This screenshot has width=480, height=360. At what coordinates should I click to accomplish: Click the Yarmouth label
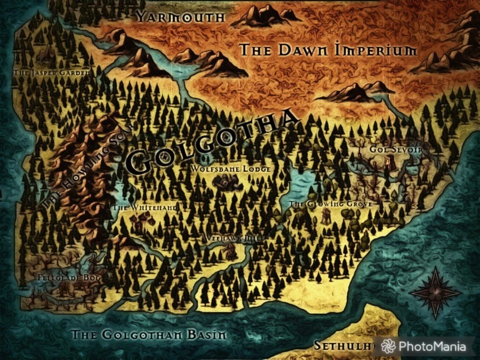point(181,17)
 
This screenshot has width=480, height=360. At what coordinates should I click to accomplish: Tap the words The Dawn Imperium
point(327,51)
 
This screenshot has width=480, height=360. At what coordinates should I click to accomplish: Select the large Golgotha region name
point(213,141)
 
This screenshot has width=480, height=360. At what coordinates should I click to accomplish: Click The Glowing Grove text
point(330,204)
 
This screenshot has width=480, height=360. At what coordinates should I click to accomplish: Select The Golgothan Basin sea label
point(149,335)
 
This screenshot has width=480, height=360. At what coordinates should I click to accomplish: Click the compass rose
point(436,291)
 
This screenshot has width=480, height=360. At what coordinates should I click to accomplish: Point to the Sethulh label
point(341,346)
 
